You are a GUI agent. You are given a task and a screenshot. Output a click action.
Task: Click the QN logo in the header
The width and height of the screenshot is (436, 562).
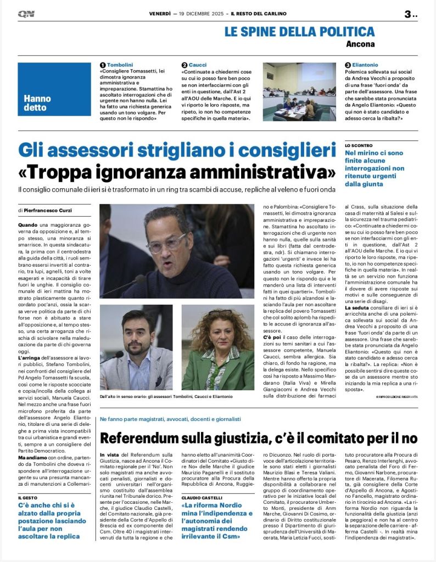(x=26, y=14)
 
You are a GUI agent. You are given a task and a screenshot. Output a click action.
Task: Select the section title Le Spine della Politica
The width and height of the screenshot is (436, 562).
(x=299, y=32)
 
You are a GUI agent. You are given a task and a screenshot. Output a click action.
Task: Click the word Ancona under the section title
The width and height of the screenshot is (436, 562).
(x=360, y=44)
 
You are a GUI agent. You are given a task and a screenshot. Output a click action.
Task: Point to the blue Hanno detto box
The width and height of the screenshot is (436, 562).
(x=54, y=89)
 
